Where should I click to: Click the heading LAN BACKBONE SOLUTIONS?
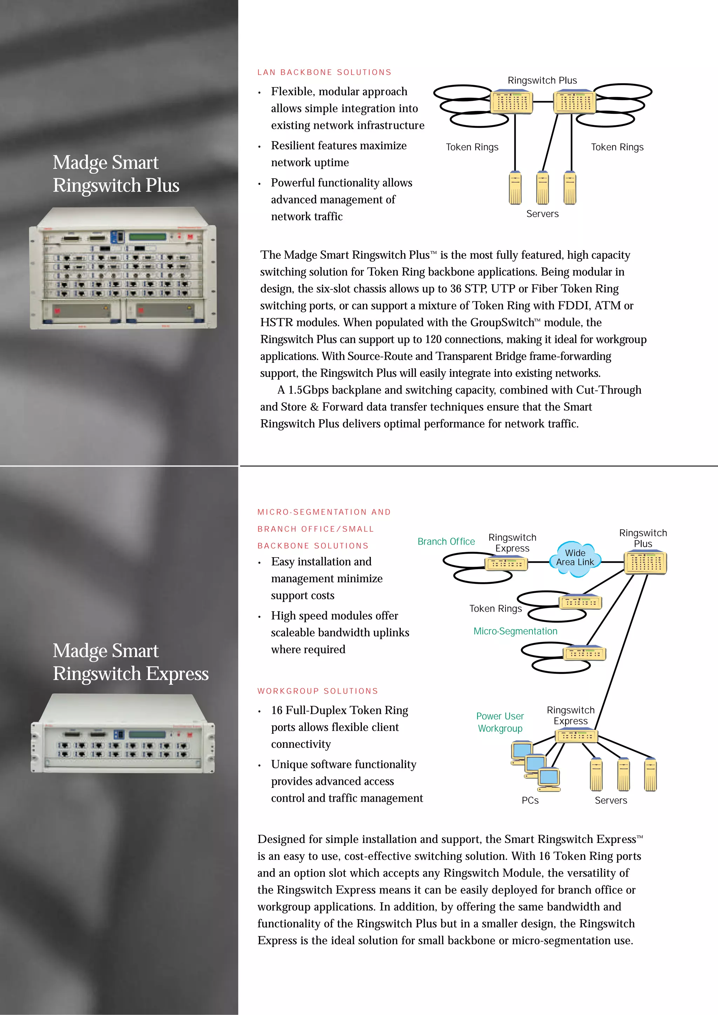tap(324, 72)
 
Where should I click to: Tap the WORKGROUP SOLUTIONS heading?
tap(318, 691)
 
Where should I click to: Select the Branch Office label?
tap(446, 541)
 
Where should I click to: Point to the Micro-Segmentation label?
tap(515, 631)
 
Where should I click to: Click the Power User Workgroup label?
tap(500, 722)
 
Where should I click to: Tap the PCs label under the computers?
tap(530, 801)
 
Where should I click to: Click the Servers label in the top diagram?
tap(542, 214)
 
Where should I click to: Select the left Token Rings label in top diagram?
tap(472, 147)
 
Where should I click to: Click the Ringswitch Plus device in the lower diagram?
tap(645, 563)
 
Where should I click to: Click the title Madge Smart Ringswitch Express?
tap(130, 662)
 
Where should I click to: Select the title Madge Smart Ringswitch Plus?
tap(116, 174)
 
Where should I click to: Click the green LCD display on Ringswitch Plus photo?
tap(147, 237)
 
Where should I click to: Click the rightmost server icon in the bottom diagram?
tap(650, 774)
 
